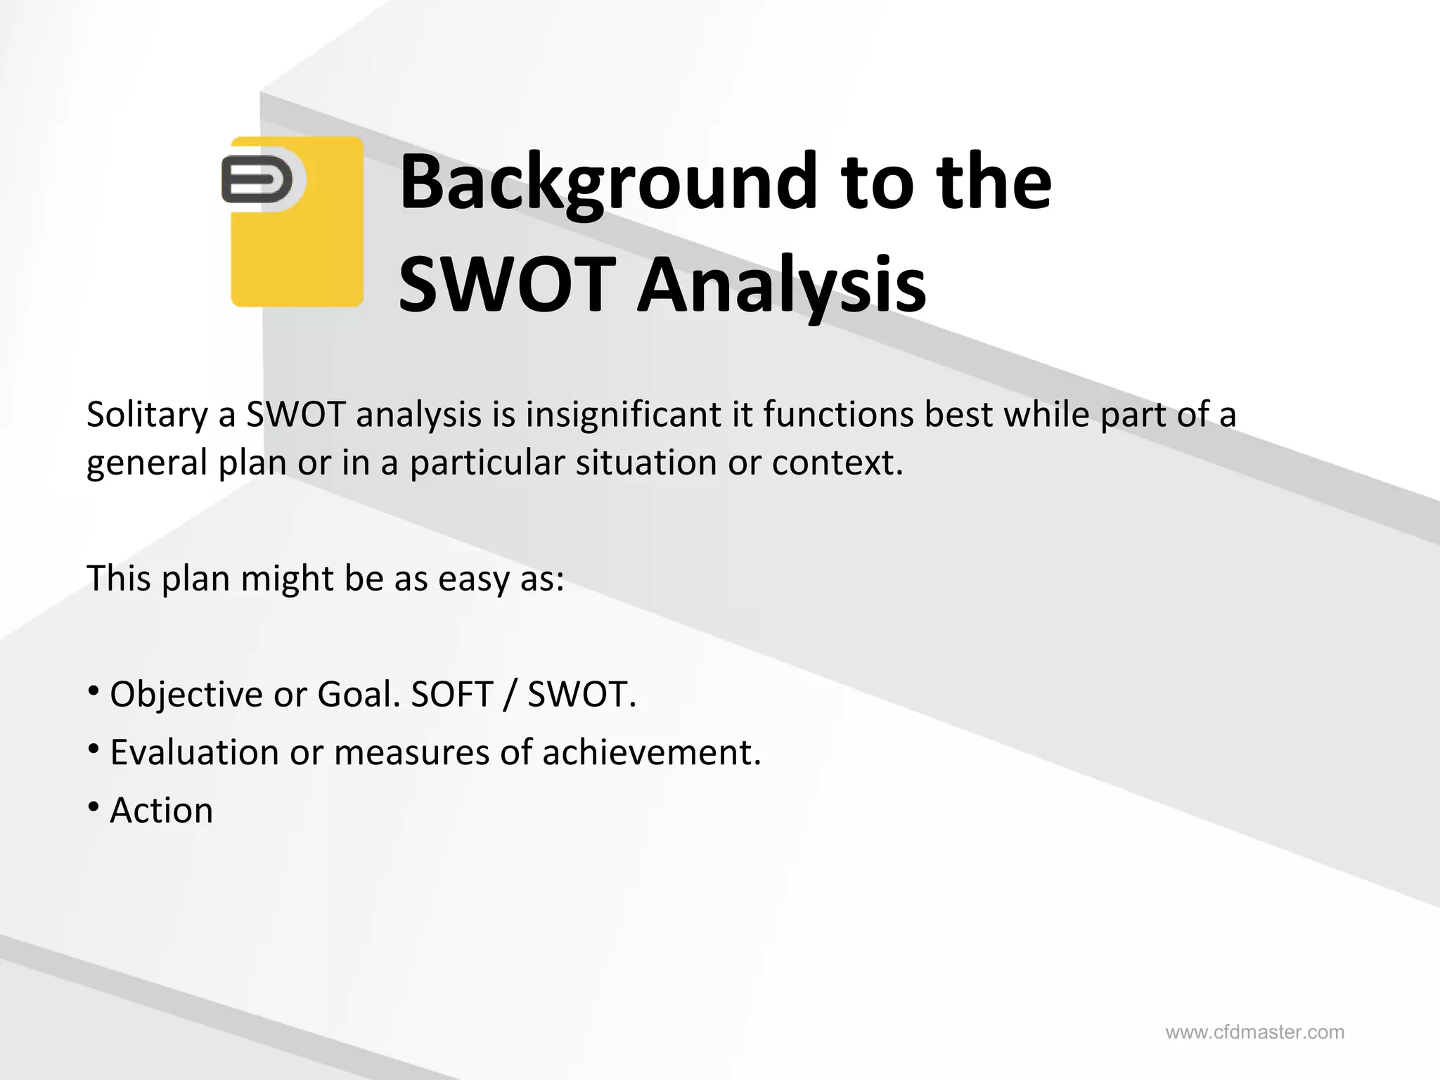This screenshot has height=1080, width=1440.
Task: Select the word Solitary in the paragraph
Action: point(147,415)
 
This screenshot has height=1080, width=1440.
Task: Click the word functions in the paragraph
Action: point(837,415)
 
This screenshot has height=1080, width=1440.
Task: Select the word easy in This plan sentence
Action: point(473,579)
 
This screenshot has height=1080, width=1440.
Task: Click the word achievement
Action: point(650,752)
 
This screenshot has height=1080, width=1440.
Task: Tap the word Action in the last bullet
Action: point(162,811)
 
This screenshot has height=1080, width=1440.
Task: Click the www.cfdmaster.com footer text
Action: point(1255,1032)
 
